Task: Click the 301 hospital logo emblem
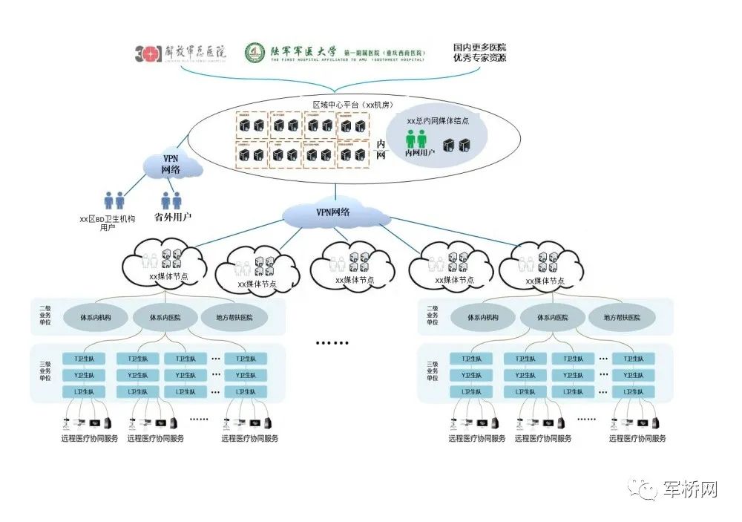pyautogui.click(x=148, y=53)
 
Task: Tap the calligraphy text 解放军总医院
pyautogui.click(x=194, y=51)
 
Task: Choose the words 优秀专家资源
pyautogui.click(x=480, y=58)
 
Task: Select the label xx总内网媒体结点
pyautogui.click(x=438, y=120)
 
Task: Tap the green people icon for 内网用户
pyautogui.click(x=416, y=139)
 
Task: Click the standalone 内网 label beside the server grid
pyautogui.click(x=381, y=149)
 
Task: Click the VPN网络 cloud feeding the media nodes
pyautogui.click(x=334, y=212)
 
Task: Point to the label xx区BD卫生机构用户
pyautogui.click(x=108, y=223)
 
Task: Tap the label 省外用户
pyautogui.click(x=173, y=218)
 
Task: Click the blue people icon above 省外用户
pyautogui.click(x=171, y=200)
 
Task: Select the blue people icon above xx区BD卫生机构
pyautogui.click(x=114, y=200)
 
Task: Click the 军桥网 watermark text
pyautogui.click(x=691, y=490)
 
